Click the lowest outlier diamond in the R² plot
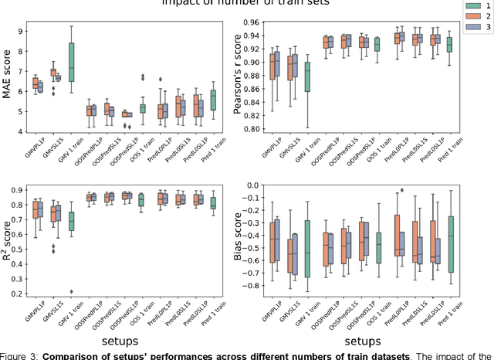71,292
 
